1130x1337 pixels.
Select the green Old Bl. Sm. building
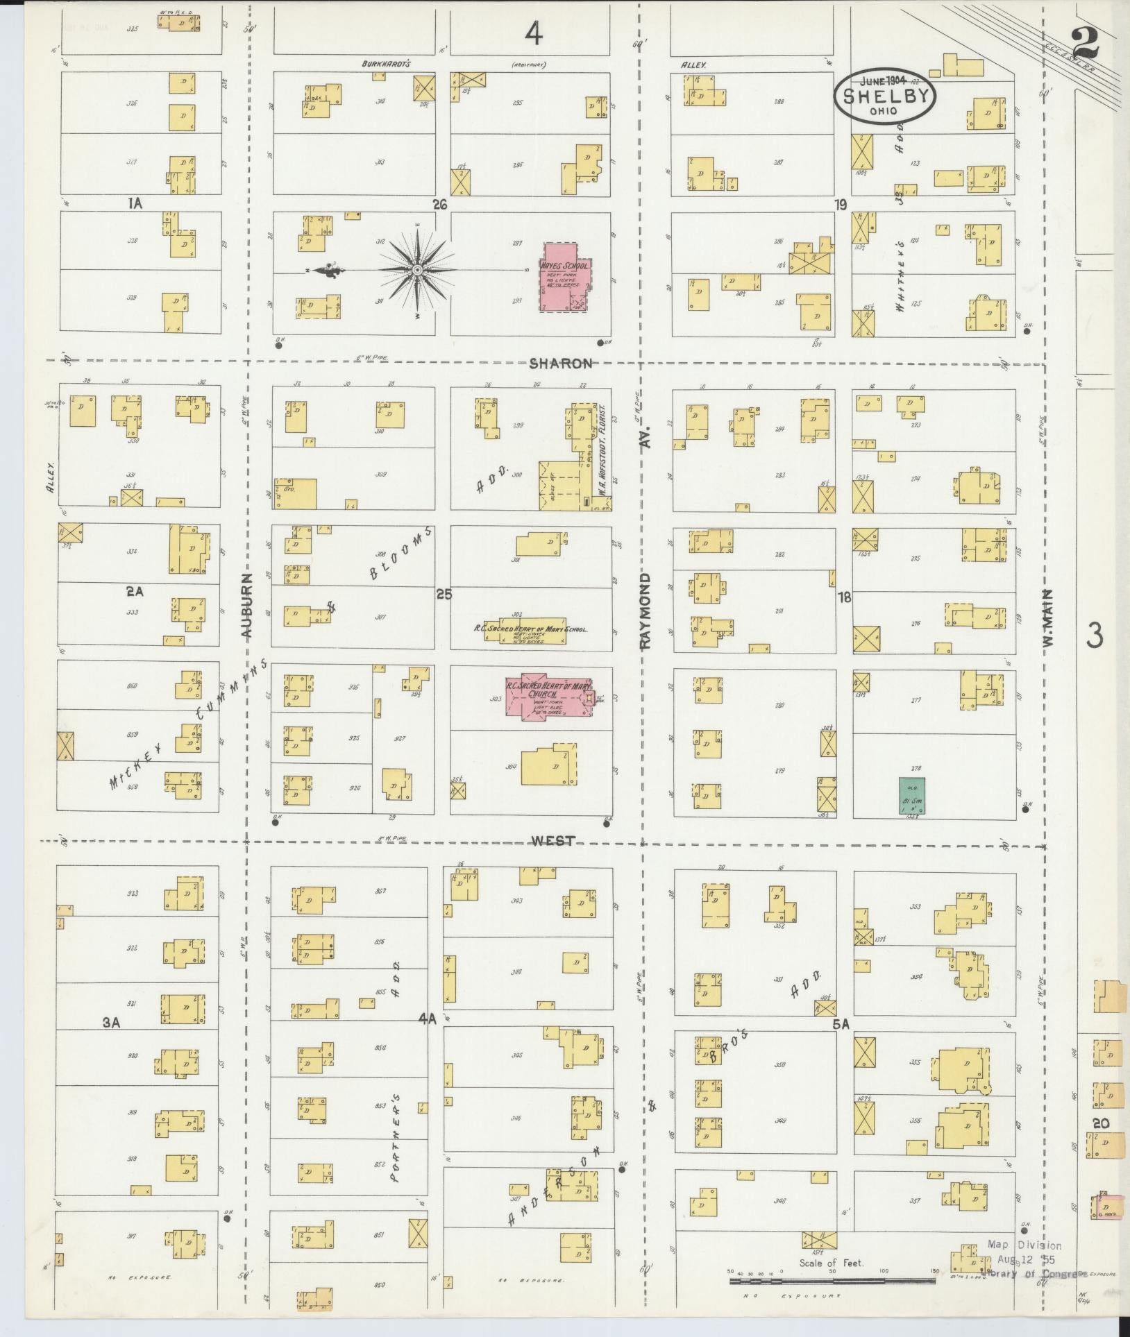tap(911, 794)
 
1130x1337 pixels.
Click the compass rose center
tap(417, 270)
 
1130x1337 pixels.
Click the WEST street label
tap(553, 840)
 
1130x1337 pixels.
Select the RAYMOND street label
tap(646, 611)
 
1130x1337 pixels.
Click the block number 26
tap(439, 205)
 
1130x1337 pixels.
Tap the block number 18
tap(844, 597)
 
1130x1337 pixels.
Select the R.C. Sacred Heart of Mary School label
tap(531, 629)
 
